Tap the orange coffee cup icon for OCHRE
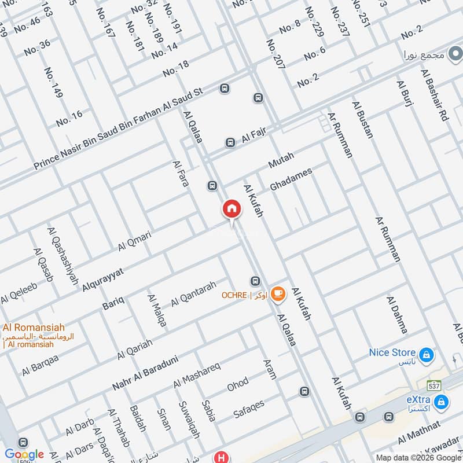[278, 294]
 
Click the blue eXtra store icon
[442, 401]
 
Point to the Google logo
[24, 454]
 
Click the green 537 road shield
[434, 385]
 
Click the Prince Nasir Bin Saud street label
[119, 129]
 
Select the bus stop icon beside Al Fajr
[230, 142]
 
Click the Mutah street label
[281, 160]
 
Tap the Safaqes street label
[249, 409]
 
